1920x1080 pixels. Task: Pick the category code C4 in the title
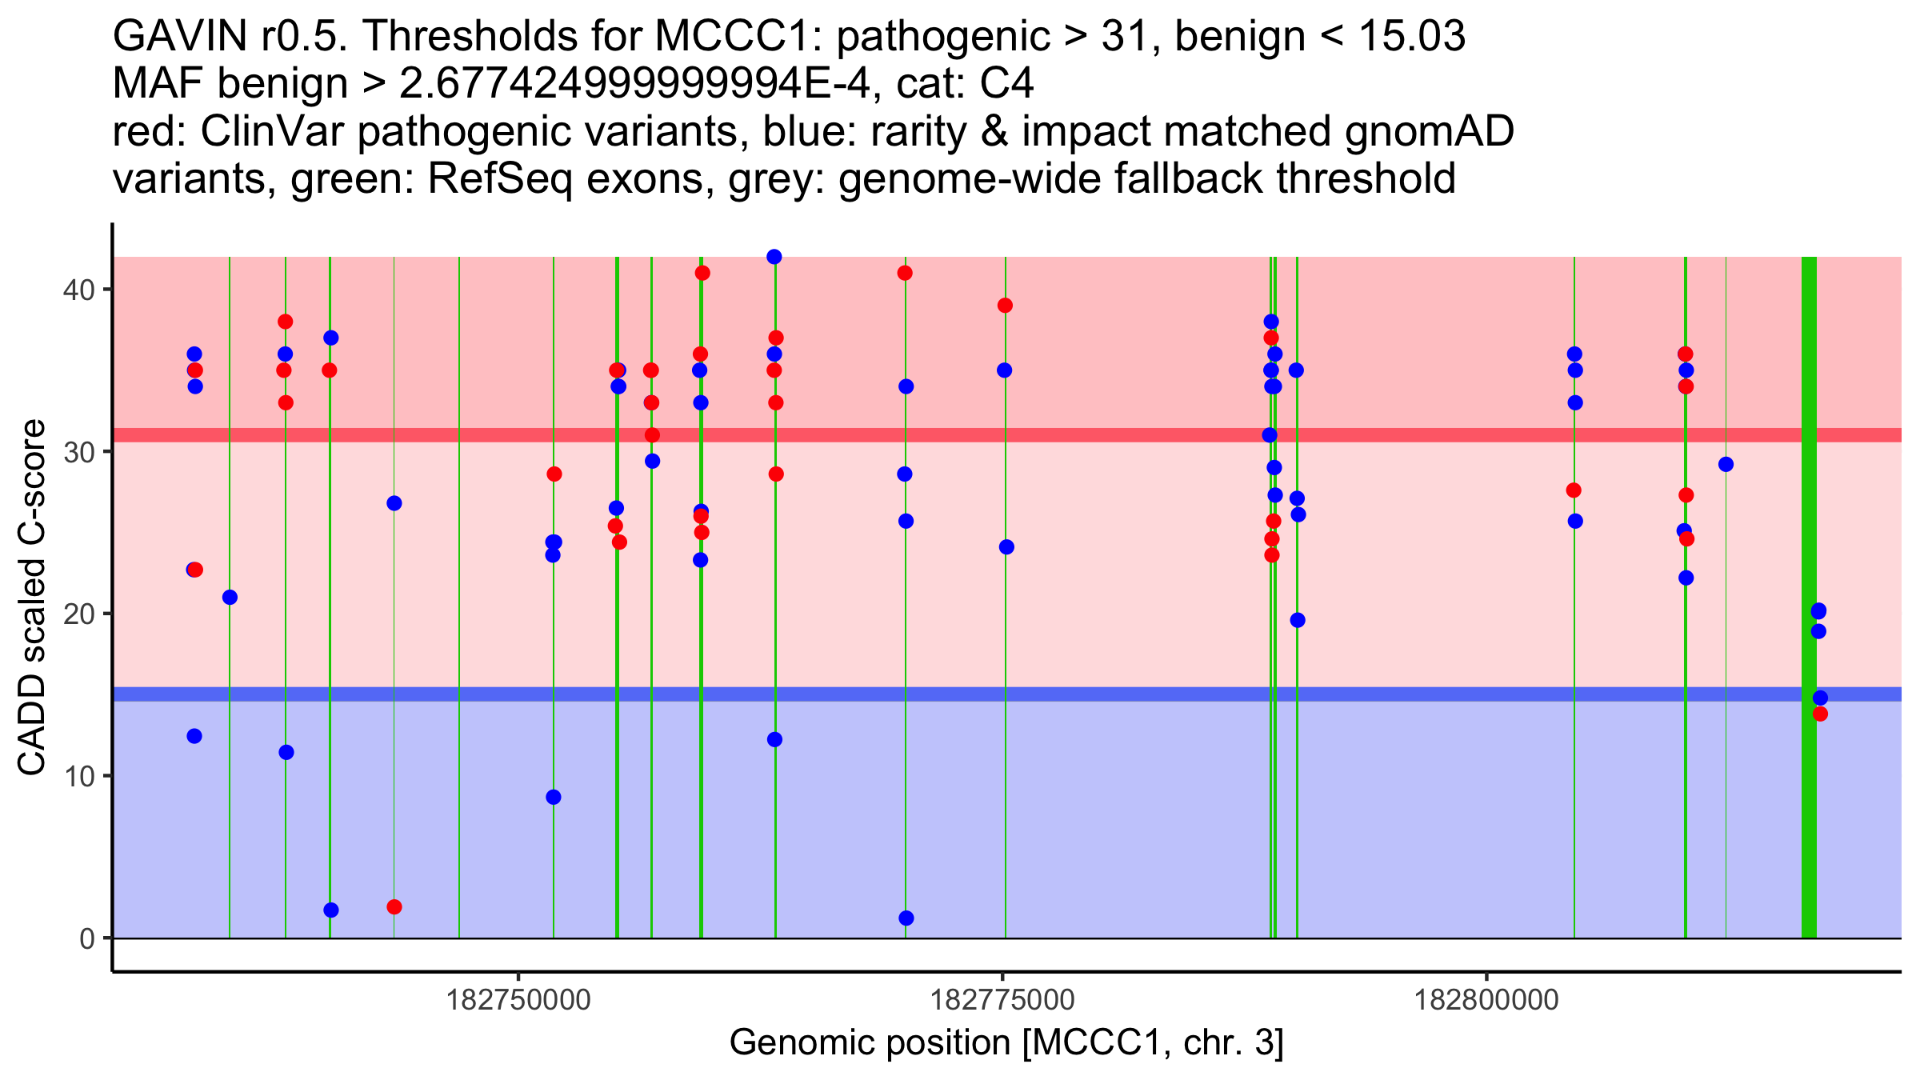[x=1007, y=83]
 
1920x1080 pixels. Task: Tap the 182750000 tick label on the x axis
[x=519, y=1000]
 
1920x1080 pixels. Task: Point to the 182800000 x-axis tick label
[x=1486, y=1000]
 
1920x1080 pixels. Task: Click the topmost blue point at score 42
[x=774, y=257]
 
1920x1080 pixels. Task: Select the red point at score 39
[x=1005, y=306]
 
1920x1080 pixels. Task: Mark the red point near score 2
[x=394, y=907]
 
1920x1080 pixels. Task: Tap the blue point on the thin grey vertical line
[x=1726, y=465]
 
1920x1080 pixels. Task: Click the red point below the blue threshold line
[x=1820, y=714]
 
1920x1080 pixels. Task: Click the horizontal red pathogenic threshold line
[x=1120, y=435]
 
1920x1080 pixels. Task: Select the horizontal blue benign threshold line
[x=1120, y=694]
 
